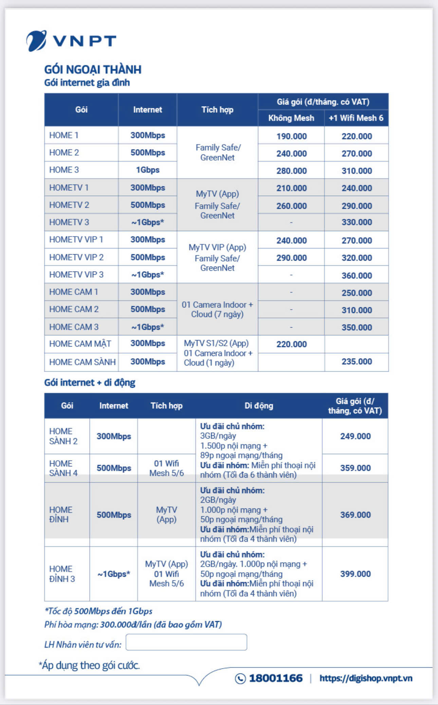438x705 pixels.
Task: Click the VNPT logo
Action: (x=71, y=41)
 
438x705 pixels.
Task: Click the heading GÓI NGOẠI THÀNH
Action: (x=93, y=70)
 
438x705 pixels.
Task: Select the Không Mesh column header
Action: (x=291, y=118)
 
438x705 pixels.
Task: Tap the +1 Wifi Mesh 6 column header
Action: (x=356, y=118)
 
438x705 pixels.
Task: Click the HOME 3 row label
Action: (x=64, y=170)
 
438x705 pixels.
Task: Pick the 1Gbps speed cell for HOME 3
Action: (x=148, y=170)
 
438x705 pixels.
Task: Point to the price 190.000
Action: (x=291, y=136)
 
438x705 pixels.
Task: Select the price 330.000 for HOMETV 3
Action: (x=357, y=222)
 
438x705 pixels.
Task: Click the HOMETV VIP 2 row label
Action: (x=76, y=257)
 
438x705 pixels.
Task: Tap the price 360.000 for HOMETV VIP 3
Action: (x=357, y=275)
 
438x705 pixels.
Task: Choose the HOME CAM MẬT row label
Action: (x=80, y=344)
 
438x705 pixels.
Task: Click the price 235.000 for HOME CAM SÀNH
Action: (x=357, y=361)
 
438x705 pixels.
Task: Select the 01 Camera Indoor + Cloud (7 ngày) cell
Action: (x=217, y=309)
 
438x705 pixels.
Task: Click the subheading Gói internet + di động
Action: (x=90, y=383)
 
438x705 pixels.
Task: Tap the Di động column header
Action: (x=259, y=406)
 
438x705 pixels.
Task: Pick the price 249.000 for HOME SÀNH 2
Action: (x=355, y=436)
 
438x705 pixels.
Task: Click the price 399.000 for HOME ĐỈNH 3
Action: (x=355, y=574)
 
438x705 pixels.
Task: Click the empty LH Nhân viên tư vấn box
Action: (x=186, y=642)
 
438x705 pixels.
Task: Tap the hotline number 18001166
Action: (x=275, y=678)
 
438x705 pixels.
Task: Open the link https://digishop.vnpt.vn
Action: (x=366, y=678)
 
